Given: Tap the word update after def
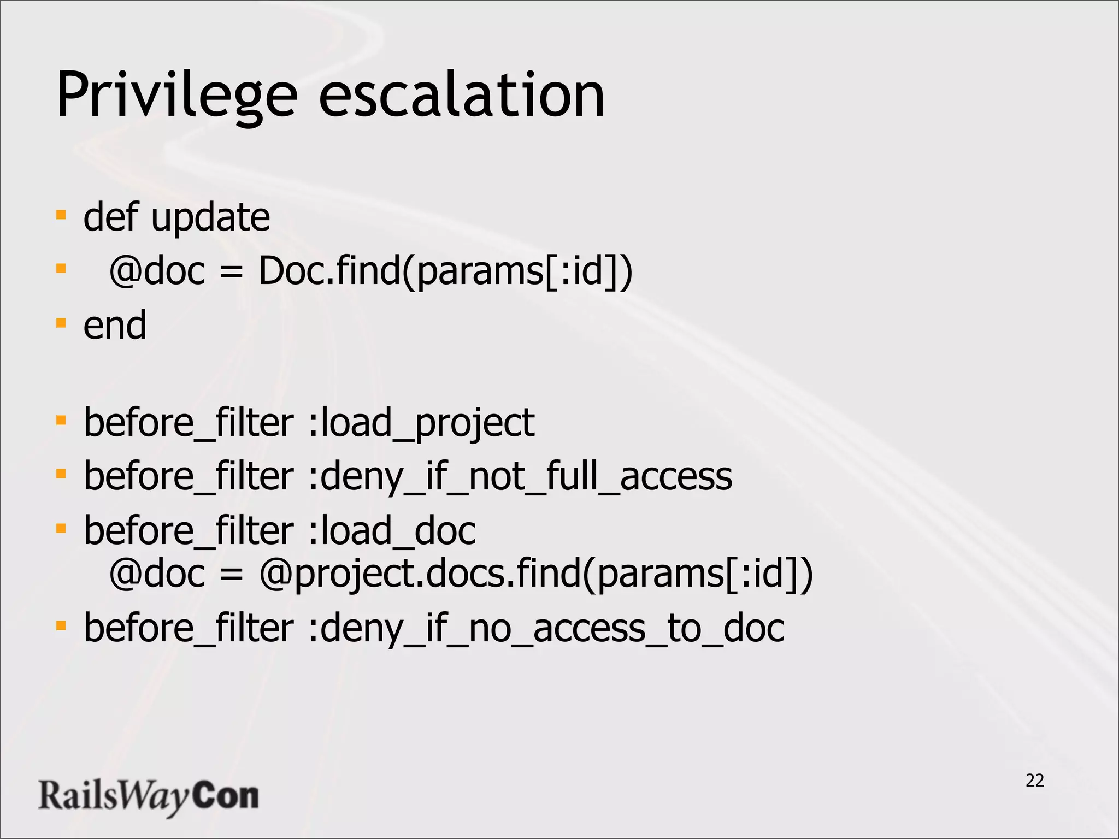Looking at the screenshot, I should pyautogui.click(x=210, y=218).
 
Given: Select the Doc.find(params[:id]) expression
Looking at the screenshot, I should pyautogui.click(x=445, y=271).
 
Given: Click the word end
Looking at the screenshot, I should pyautogui.click(x=115, y=326).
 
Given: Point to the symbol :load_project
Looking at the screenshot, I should pyautogui.click(x=421, y=423).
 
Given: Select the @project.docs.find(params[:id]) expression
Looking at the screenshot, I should pyautogui.click(x=536, y=574).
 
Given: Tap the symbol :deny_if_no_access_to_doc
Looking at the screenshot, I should pyautogui.click(x=546, y=628).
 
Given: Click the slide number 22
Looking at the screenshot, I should pyautogui.click(x=1035, y=781).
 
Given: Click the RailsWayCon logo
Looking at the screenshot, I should pyautogui.click(x=148, y=796).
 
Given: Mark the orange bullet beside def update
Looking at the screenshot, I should pyautogui.click(x=61, y=214).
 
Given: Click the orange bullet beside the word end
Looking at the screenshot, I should pyautogui.click(x=61, y=323).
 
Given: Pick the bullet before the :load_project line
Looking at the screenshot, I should pyautogui.click(x=61, y=421).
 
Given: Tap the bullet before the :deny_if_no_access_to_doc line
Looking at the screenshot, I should pyautogui.click(x=61, y=625).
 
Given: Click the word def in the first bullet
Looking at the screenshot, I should pyautogui.click(x=110, y=218).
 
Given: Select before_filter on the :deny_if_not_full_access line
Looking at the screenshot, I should pyautogui.click(x=189, y=477).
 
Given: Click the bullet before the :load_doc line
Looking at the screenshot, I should pyautogui.click(x=61, y=528).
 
